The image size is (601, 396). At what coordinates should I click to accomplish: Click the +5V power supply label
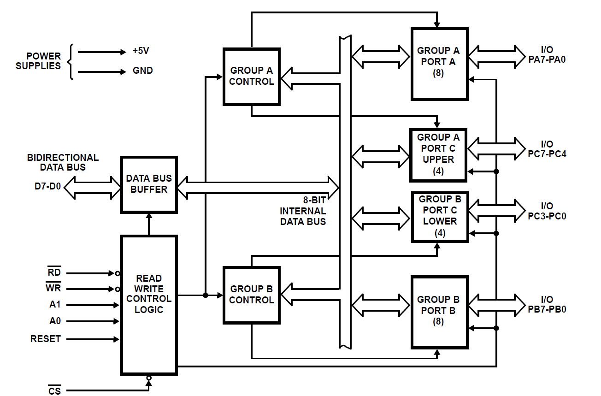pos(141,51)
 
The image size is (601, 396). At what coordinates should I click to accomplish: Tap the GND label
pos(143,71)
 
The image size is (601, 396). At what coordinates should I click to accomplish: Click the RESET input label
pos(46,338)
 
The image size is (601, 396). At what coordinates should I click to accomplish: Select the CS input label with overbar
pos(55,390)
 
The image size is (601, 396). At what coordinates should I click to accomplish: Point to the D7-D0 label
pos(48,186)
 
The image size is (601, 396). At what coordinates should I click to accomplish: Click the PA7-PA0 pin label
pos(547,59)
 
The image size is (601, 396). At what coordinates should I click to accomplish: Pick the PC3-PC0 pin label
pos(547,216)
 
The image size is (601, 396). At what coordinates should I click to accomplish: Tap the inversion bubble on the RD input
pos(118,273)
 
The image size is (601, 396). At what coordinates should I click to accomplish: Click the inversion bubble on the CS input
pos(149,378)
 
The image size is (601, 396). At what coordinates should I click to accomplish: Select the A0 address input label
pos(55,321)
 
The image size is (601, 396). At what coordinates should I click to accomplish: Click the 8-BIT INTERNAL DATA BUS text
pos(303,211)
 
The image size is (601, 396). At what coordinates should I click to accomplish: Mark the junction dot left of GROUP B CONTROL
pos(206,295)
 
